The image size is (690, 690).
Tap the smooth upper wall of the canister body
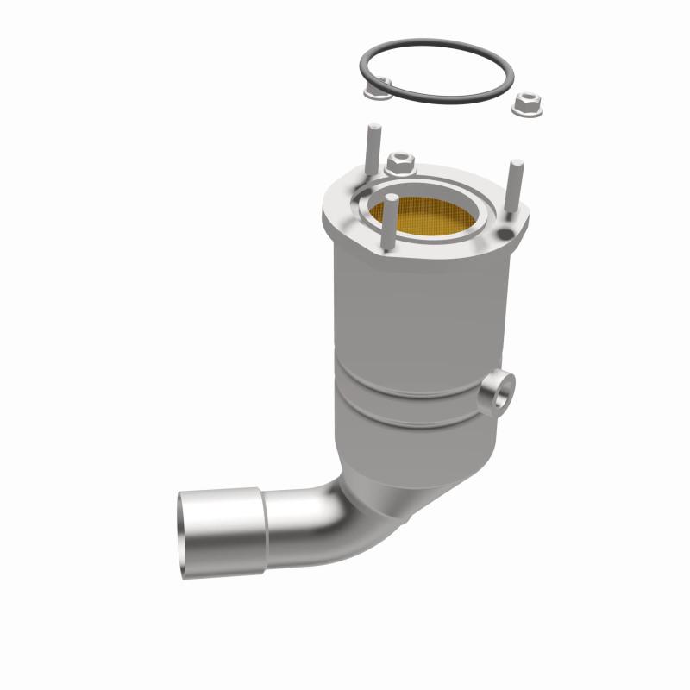(x=414, y=310)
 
